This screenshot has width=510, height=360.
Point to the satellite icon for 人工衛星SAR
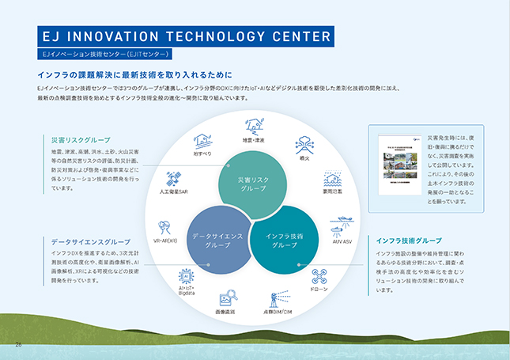(x=173, y=177)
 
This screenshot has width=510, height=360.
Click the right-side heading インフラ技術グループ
(x=409, y=240)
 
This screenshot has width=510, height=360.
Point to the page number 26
(x=19, y=344)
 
